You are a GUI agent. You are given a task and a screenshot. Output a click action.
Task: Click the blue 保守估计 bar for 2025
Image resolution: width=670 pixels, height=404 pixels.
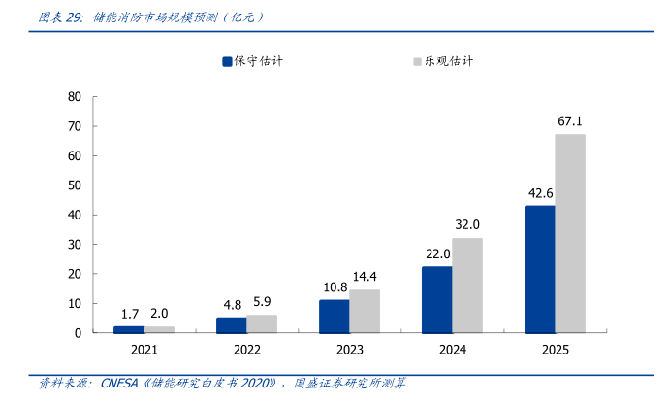point(540,269)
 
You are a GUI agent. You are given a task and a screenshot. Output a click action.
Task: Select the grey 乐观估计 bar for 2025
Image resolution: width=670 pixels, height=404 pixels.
point(570,233)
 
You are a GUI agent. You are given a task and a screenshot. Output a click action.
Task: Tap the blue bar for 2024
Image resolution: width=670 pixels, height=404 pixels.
point(437,299)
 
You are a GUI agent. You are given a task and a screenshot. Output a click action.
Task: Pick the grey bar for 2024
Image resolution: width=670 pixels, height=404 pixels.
point(467,285)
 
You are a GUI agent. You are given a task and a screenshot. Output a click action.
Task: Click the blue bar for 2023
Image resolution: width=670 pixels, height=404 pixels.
point(335,316)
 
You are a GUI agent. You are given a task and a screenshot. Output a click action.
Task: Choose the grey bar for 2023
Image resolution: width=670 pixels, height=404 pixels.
point(365,311)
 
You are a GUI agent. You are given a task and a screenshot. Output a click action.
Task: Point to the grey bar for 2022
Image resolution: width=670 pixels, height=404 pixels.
point(262,323)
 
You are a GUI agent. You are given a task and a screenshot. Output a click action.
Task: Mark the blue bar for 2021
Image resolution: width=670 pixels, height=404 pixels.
point(129,329)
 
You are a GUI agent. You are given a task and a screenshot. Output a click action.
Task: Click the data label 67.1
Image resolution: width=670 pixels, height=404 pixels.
point(570,121)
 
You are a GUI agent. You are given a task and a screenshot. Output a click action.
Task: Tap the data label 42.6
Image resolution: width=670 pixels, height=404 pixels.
point(540,193)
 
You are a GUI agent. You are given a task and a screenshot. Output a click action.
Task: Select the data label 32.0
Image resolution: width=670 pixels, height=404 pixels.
point(467,224)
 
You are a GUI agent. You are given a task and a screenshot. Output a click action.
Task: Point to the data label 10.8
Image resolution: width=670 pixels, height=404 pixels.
point(335,287)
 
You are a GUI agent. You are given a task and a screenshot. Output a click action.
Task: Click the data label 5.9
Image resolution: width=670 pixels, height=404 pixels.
point(262,301)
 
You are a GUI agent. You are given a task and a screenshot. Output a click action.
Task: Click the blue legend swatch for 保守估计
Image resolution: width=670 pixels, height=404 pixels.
point(227,61)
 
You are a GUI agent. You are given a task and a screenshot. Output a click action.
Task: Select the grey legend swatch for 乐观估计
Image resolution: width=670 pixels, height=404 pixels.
point(417,61)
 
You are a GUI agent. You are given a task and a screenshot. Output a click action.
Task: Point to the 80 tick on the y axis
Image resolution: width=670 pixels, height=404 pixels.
point(75,97)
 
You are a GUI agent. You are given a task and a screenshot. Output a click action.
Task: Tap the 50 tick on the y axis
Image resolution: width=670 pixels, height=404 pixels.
point(75,185)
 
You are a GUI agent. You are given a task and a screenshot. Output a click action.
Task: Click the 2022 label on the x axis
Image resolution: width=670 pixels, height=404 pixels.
point(247,350)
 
